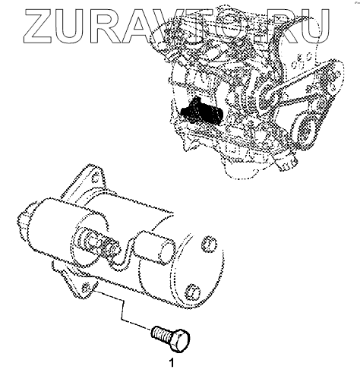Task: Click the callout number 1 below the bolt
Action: coord(172,363)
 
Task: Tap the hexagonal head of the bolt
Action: coord(180,340)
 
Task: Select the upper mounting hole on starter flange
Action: coord(95,177)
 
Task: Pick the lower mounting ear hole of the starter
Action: coord(87,287)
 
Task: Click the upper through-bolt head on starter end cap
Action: coord(209,244)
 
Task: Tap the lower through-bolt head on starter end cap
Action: coord(194,291)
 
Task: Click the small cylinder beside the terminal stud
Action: coord(154,247)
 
